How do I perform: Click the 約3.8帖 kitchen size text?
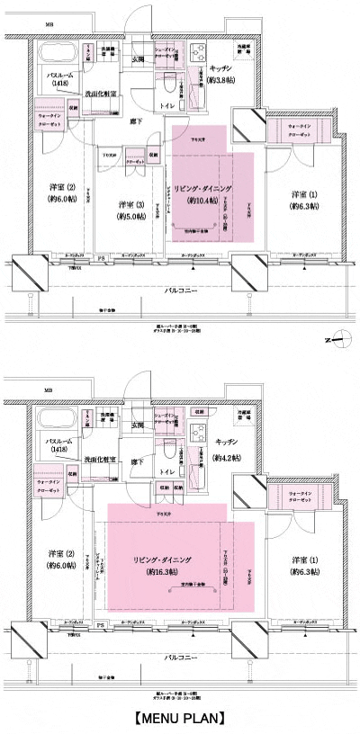[222, 78]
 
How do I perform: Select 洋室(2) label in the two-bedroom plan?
[60, 555]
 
